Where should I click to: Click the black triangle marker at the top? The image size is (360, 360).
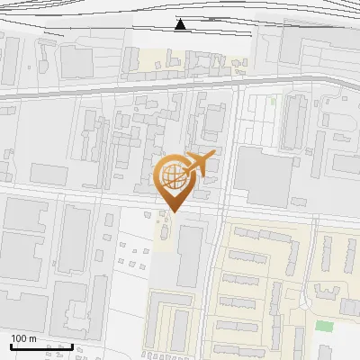(181, 24)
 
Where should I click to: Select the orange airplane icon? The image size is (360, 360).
(201, 164)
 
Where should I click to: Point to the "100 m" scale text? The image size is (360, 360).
(23, 338)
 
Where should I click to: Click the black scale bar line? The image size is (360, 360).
(41, 346)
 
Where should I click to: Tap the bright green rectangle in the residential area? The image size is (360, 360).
(323, 325)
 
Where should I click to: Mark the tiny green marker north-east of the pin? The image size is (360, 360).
(272, 102)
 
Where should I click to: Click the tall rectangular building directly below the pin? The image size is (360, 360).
(189, 256)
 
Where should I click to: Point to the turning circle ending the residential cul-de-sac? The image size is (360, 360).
(326, 291)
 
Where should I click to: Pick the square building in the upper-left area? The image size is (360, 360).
(76, 62)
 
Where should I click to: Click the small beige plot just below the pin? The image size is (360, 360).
(165, 227)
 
